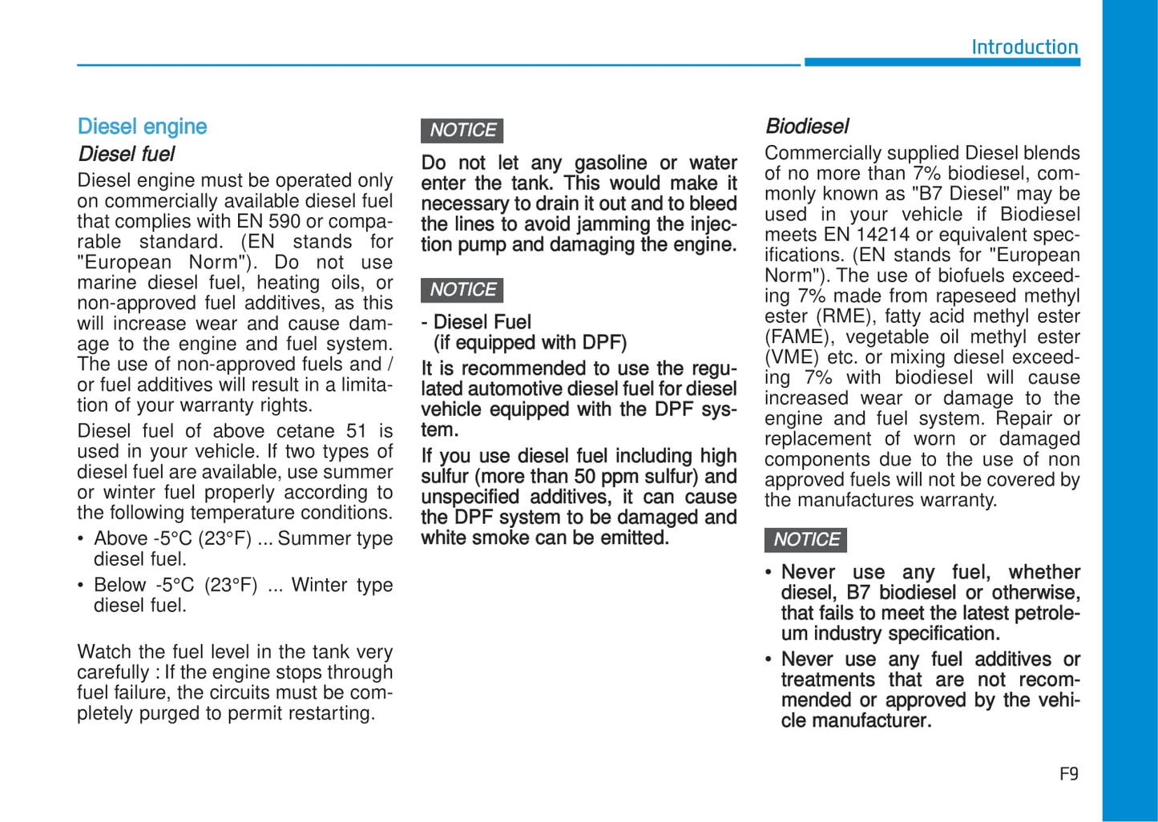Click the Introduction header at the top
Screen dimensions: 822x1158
pyautogui.click(x=1024, y=47)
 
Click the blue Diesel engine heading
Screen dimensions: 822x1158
pyautogui.click(x=142, y=127)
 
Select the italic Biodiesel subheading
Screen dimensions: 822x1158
pyautogui.click(x=806, y=127)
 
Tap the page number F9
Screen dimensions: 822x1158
pyautogui.click(x=1068, y=774)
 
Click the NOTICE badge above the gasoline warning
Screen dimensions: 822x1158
pyautogui.click(x=462, y=130)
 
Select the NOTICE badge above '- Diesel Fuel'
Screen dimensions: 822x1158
pyautogui.click(x=462, y=289)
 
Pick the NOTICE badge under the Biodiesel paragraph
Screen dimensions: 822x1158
pyautogui.click(x=805, y=539)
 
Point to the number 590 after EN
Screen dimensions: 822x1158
pyautogui.click(x=284, y=222)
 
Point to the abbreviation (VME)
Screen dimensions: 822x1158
pyautogui.click(x=792, y=357)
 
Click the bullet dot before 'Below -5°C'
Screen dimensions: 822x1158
pyautogui.click(x=81, y=586)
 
